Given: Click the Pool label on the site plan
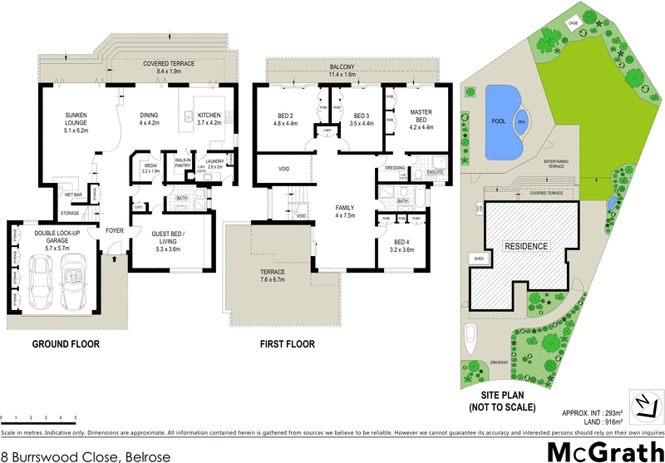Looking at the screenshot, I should (x=497, y=121).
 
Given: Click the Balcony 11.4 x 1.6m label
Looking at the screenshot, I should (x=342, y=70).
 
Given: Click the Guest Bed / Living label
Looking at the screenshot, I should (x=174, y=240).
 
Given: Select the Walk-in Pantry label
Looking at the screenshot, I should (x=182, y=164).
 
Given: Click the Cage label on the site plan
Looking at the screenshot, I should (x=574, y=23).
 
